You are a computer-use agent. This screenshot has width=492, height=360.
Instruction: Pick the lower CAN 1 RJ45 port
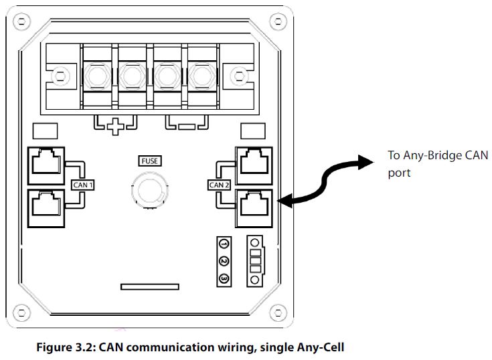pyautogui.click(x=46, y=205)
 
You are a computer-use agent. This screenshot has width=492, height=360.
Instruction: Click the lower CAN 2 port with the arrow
pyautogui.click(x=255, y=205)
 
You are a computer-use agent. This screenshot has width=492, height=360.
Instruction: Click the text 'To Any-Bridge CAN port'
pyautogui.click(x=438, y=163)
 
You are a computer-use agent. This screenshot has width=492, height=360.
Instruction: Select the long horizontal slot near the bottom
pyautogui.click(x=149, y=286)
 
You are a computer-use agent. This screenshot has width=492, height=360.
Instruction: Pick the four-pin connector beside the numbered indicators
pyautogui.click(x=255, y=260)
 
